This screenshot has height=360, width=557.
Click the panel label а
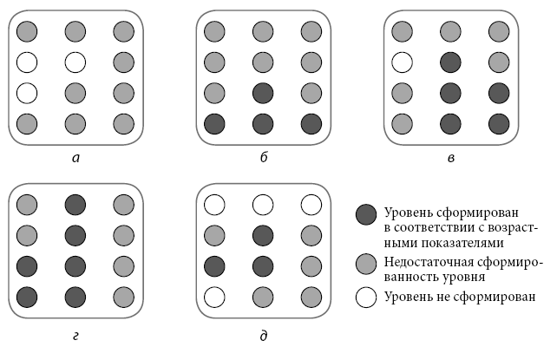tap(77, 158)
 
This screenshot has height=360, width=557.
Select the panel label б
tap(264, 158)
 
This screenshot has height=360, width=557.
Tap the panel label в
tap(451, 158)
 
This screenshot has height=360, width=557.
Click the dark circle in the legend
tap(367, 213)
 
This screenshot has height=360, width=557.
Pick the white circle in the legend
tap(367, 297)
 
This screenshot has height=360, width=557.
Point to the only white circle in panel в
tap(403, 62)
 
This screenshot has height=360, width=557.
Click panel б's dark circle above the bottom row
tap(264, 92)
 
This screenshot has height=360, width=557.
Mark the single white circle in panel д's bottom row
tap(215, 297)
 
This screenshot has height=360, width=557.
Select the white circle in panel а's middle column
tap(76, 62)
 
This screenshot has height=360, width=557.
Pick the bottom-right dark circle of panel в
tap(498, 122)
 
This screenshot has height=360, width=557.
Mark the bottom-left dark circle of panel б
tap(215, 122)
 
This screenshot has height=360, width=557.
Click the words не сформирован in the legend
tap(489, 297)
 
